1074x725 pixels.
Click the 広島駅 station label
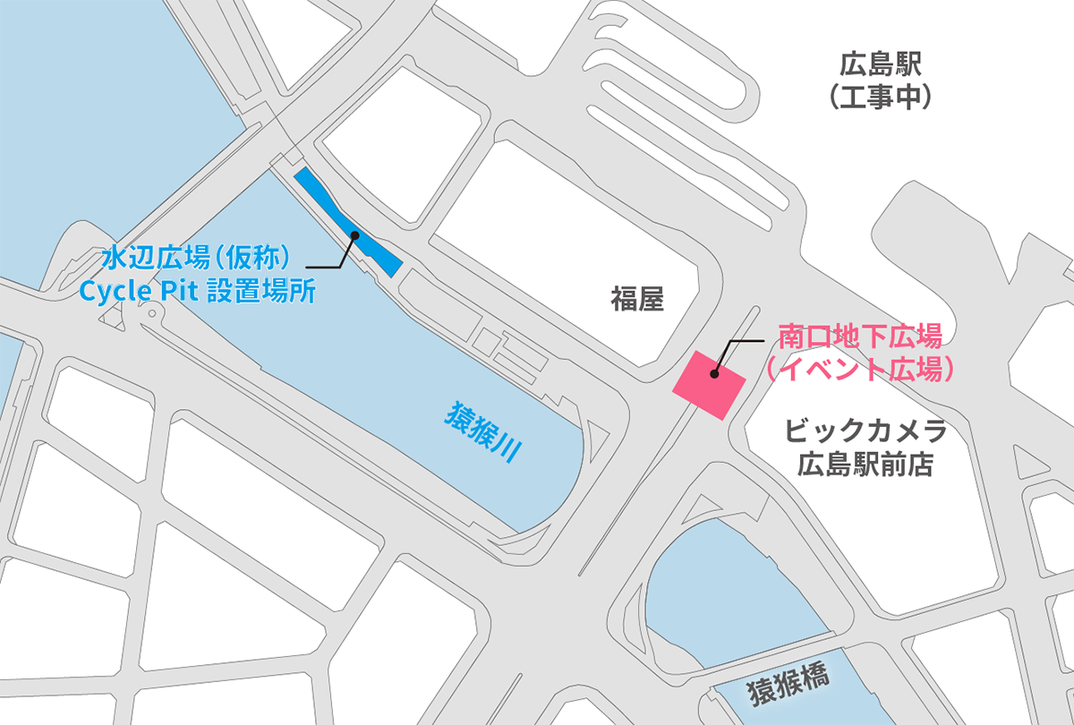(x=880, y=64)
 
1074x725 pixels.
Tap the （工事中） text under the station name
(x=880, y=97)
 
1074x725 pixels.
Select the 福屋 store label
(x=637, y=299)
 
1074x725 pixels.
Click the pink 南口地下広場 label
(x=860, y=338)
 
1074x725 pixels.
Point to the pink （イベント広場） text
(x=860, y=369)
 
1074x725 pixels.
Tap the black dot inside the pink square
(x=714, y=375)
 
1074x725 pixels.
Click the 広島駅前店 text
(x=865, y=465)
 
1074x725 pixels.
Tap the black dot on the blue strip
(x=354, y=235)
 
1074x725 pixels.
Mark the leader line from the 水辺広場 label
(x=331, y=266)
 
